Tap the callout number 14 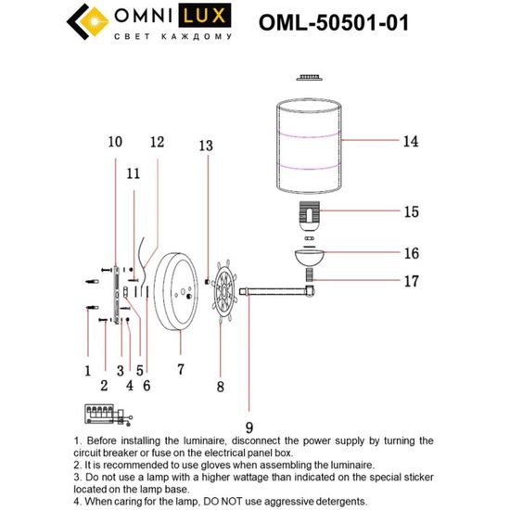click(x=410, y=142)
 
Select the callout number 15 click(x=410, y=211)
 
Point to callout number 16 click(x=411, y=253)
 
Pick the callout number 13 click(x=206, y=146)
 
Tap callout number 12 click(x=157, y=143)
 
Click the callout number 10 click(x=114, y=143)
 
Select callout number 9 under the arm click(x=249, y=402)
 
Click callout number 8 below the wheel click(x=220, y=384)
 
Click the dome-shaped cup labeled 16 click(x=309, y=257)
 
